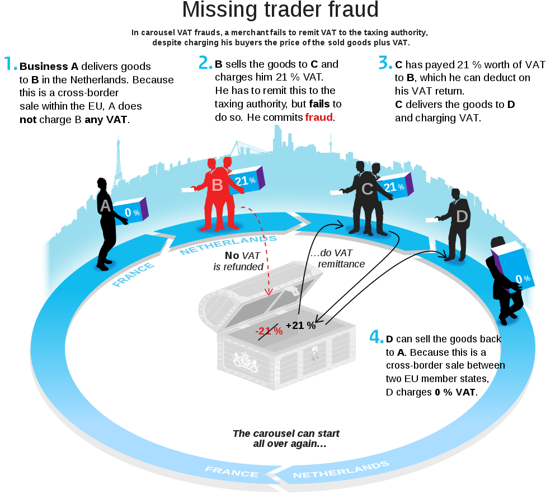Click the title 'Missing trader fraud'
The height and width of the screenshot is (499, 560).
click(x=280, y=11)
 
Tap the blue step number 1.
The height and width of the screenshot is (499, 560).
click(x=11, y=64)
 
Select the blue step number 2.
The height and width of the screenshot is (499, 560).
click(x=205, y=63)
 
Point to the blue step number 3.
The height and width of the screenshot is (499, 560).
click(x=385, y=63)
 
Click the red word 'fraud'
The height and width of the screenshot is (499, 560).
click(x=319, y=117)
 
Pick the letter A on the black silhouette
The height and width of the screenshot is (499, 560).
click(x=105, y=206)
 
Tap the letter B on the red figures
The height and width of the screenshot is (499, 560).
click(x=217, y=184)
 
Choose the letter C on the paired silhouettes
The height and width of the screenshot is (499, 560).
click(x=367, y=189)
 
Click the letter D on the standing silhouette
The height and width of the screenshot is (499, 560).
click(x=462, y=216)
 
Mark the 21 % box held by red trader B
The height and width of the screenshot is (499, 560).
click(x=246, y=181)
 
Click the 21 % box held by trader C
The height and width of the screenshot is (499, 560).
click(x=394, y=187)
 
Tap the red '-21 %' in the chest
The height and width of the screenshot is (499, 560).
click(x=269, y=331)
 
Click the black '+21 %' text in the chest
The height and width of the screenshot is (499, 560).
click(x=301, y=326)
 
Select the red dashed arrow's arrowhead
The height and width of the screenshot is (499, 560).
click(x=268, y=291)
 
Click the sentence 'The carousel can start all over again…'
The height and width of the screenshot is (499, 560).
click(x=286, y=439)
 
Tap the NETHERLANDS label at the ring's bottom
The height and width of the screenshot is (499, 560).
click(x=341, y=470)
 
